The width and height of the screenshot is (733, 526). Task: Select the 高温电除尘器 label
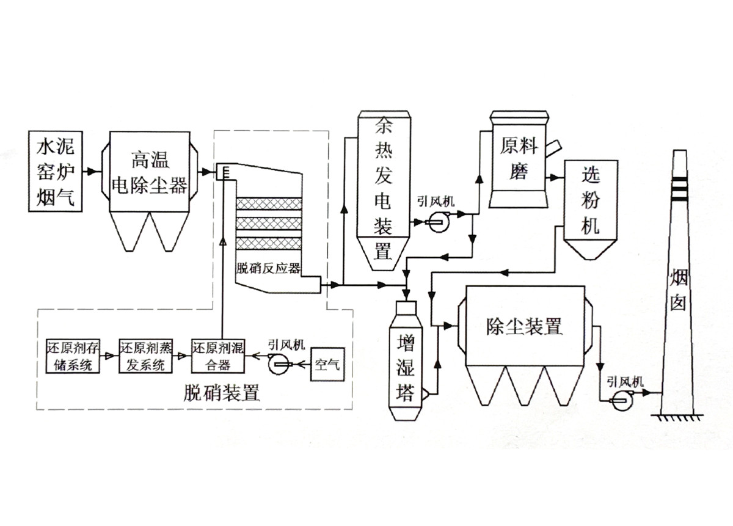click(151, 173)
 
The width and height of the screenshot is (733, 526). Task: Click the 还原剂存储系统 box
click(72, 356)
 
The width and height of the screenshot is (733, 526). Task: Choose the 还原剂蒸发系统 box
click(145, 356)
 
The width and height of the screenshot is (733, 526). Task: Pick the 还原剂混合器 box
click(218, 356)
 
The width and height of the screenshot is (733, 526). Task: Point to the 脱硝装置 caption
click(222, 393)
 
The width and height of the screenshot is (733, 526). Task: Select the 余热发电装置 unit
click(383, 183)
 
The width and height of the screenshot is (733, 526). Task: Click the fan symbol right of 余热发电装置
click(437, 222)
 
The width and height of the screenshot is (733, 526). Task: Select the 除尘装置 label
click(524, 326)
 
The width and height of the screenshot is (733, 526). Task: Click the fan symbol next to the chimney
click(621, 400)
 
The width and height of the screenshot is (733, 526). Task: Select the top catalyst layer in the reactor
click(269, 202)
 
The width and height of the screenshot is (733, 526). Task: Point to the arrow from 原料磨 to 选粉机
click(555, 178)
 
